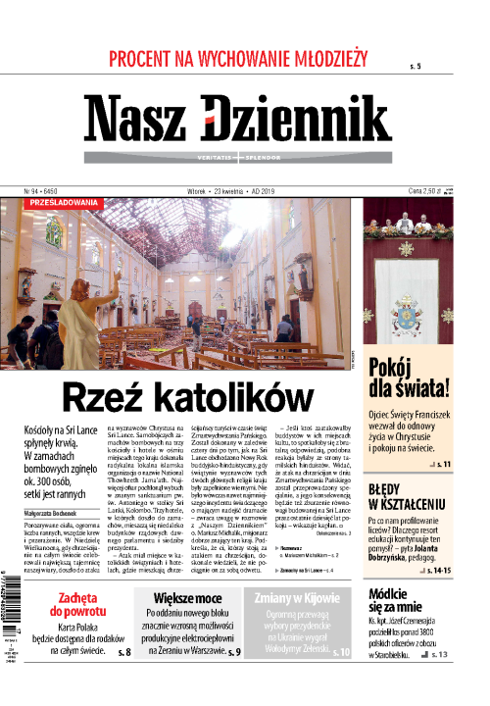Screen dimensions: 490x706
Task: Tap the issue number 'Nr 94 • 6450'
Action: click(x=41, y=190)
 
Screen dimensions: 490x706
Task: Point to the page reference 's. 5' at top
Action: click(x=416, y=66)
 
